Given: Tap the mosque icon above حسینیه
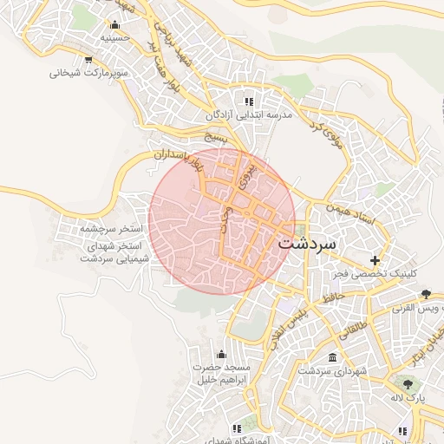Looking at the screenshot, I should pos(114,24).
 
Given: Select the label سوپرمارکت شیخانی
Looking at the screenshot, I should pos(89,73).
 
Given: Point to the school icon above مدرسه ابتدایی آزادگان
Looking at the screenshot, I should pos(250,101).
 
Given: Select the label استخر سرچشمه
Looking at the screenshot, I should pos(111,229).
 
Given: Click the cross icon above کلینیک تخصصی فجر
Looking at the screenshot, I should pos(375,259).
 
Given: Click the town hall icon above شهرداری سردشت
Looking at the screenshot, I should pos(333,357).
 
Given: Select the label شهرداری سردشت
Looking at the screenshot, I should pos(334,371).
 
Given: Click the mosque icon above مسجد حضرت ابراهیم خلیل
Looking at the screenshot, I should pos(221,354).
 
